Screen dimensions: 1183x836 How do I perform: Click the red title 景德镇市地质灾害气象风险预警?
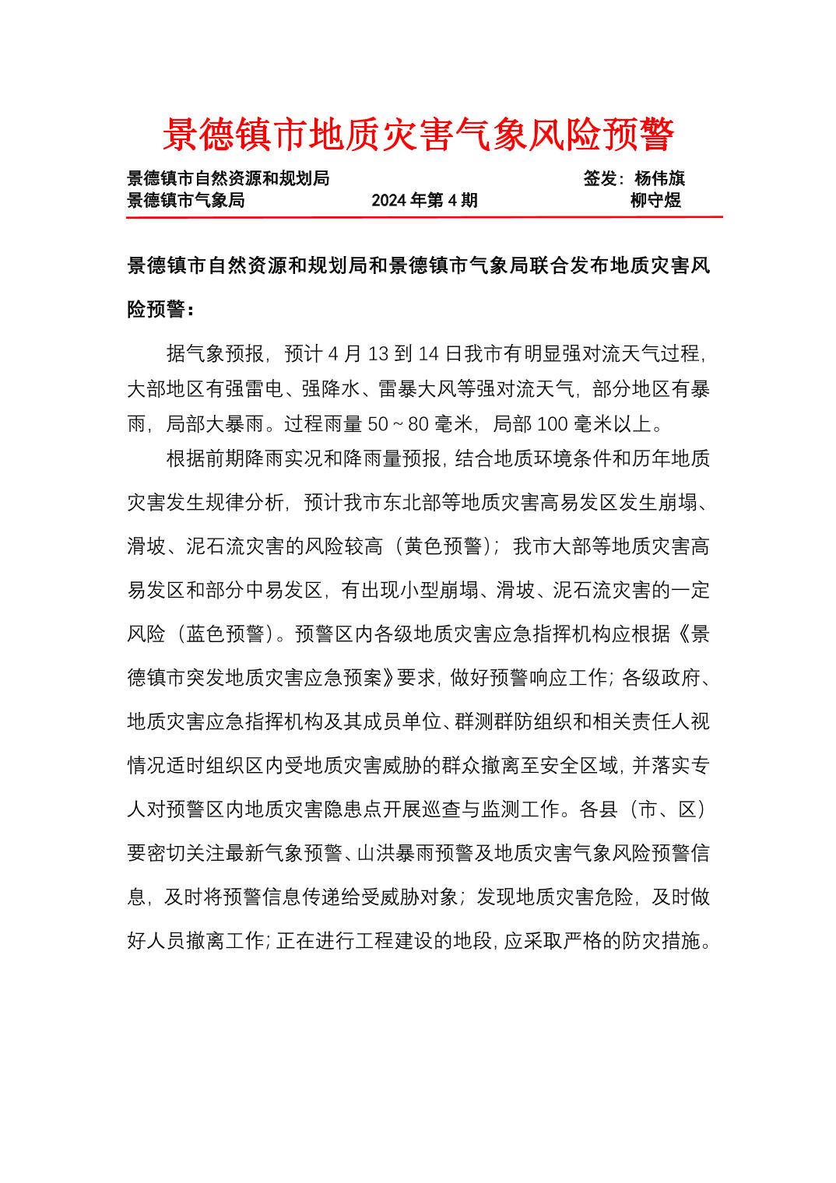(x=418, y=135)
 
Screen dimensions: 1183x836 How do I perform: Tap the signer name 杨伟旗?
(x=659, y=178)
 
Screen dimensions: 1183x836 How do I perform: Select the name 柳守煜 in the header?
(x=655, y=200)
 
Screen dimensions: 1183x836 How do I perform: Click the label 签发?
(x=600, y=178)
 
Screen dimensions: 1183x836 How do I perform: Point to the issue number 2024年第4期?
(x=424, y=200)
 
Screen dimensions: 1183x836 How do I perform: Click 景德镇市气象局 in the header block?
(x=185, y=200)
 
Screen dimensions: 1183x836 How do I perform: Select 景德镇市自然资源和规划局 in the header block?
(x=228, y=178)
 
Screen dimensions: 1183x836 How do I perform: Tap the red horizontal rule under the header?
(x=424, y=217)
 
